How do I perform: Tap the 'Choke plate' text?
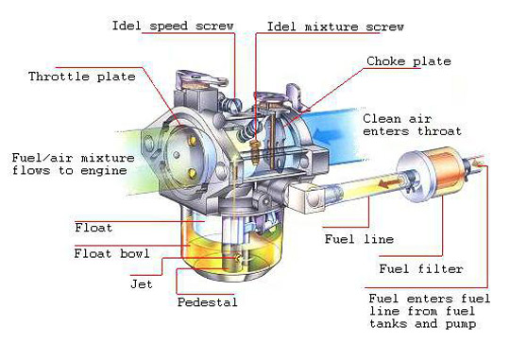tap(408, 61)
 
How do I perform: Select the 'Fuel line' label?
tap(357, 238)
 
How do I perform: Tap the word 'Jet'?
tap(143, 282)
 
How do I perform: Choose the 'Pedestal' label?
tap(208, 303)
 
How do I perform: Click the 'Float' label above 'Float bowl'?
tap(93, 227)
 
